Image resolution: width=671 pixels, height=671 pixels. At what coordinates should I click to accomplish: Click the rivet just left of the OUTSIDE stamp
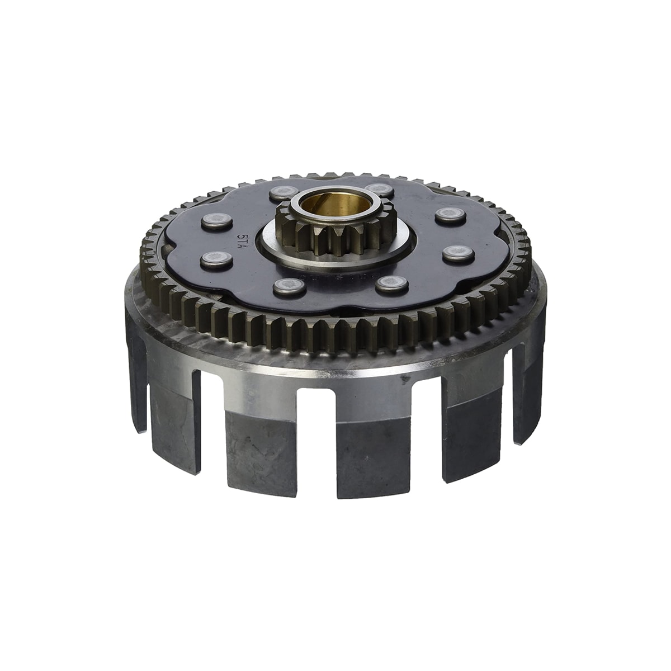pos(285,286)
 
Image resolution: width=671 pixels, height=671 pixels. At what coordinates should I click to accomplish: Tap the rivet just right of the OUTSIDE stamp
pos(391,285)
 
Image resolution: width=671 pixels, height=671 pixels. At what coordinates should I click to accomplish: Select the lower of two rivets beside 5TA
pos(215,258)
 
